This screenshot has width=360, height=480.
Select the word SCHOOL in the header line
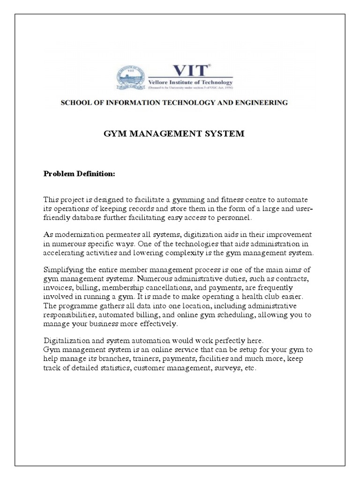click(x=76, y=103)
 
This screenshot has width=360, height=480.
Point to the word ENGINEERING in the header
click(x=261, y=103)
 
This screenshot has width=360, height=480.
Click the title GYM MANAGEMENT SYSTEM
click(x=173, y=134)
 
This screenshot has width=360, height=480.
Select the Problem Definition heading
click(x=79, y=174)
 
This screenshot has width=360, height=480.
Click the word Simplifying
click(x=64, y=270)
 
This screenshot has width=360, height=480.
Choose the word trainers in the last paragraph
click(x=138, y=359)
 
